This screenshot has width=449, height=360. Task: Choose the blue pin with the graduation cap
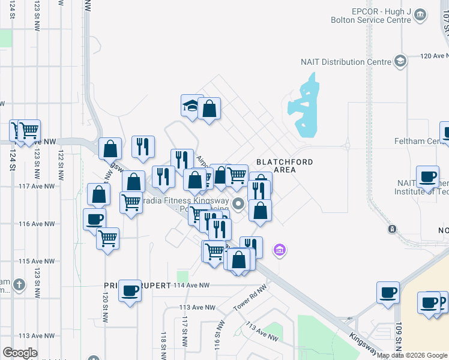pyautogui.click(x=192, y=106)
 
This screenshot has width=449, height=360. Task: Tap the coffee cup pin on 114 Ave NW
pyautogui.click(x=130, y=291)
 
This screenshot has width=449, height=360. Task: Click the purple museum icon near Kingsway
pyautogui.click(x=279, y=250)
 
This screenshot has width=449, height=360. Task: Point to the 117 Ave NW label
pyautogui.click(x=37, y=186)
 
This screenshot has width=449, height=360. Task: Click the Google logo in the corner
pyautogui.click(x=20, y=353)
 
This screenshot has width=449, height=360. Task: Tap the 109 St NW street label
pyautogui.click(x=399, y=339)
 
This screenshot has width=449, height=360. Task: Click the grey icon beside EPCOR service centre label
pyautogui.click(x=420, y=16)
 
